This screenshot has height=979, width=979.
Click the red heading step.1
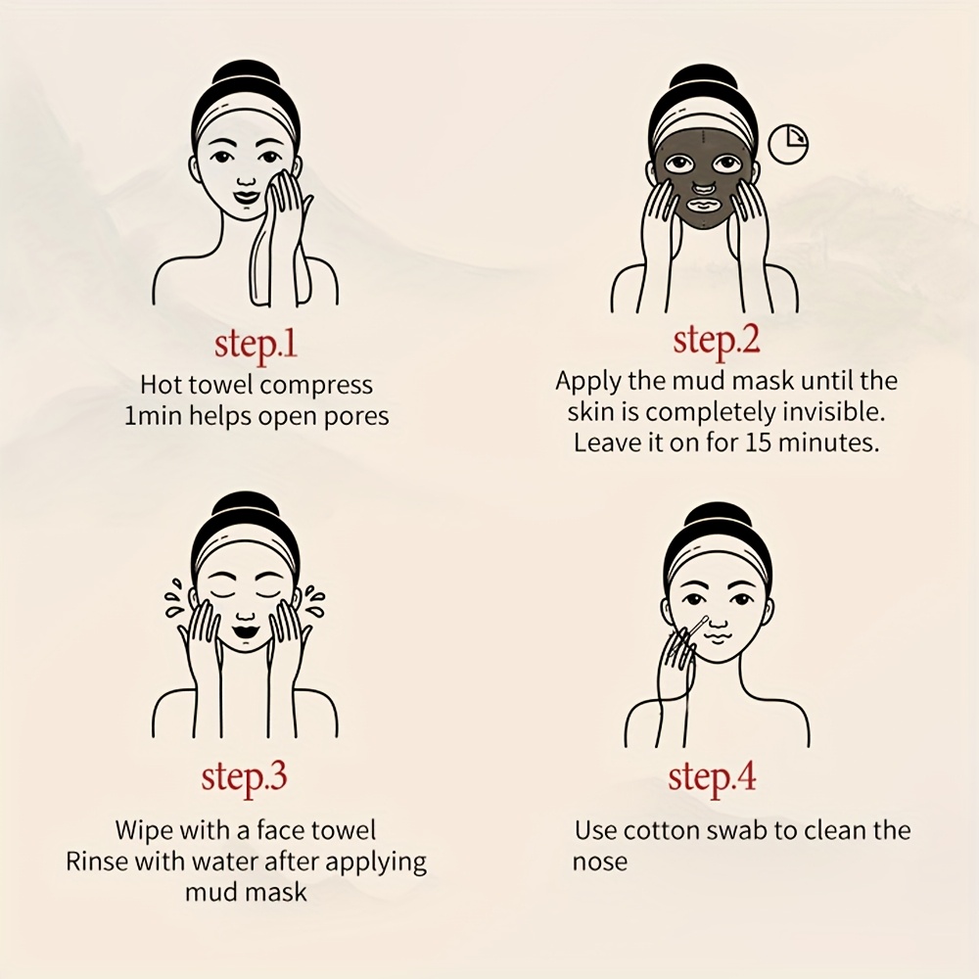256,345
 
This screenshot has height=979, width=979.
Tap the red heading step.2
717,341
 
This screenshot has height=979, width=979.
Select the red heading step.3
244,777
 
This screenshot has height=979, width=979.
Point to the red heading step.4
712,778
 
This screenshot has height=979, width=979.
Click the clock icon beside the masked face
788,144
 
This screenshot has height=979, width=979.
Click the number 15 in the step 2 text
760,443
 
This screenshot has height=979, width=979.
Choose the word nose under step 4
599,862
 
